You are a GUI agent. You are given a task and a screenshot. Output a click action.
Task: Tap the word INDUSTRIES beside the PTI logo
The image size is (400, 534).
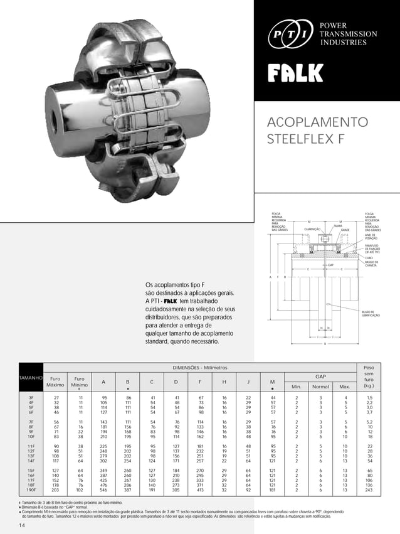pos(343,43)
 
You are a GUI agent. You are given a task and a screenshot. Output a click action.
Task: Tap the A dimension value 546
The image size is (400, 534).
pos(104,490)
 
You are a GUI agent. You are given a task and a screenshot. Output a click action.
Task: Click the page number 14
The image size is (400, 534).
pos(23,525)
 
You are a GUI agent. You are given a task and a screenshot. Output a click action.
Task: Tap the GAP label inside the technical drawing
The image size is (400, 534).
pos(330,265)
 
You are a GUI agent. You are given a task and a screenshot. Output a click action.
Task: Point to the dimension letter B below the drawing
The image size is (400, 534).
pos(324,344)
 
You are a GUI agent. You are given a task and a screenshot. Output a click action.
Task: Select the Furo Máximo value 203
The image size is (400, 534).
pos(56,490)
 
